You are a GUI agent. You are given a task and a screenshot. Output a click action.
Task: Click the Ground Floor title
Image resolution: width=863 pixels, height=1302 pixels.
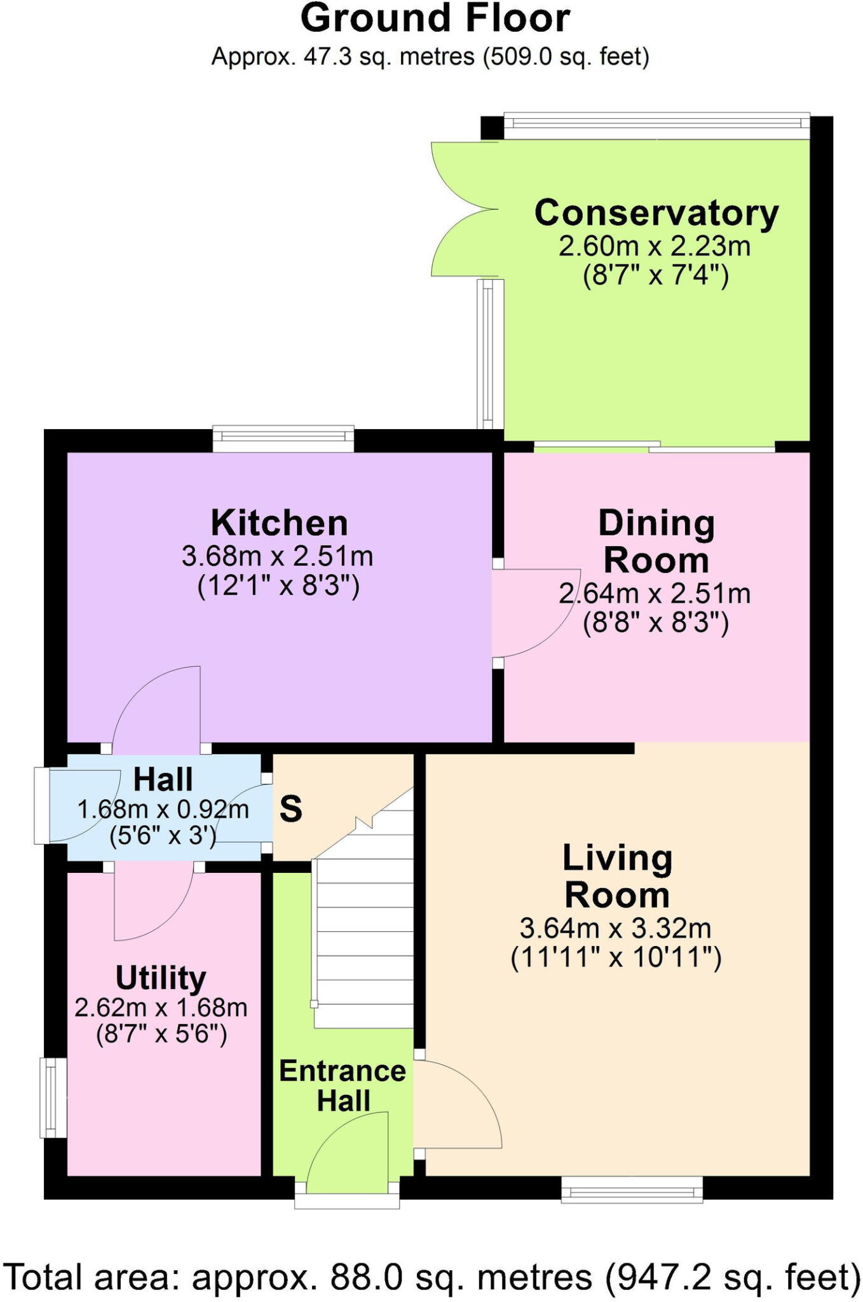(435, 19)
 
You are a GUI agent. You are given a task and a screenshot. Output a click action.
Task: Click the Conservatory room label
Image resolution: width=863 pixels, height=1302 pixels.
(656, 213)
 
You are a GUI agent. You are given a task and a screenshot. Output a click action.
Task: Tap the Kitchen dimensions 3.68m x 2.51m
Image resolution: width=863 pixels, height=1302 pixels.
(278, 556)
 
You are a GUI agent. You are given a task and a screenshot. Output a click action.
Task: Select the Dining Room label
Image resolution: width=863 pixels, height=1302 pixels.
(656, 542)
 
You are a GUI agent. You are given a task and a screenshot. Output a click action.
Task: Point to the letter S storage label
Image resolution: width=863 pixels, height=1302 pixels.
(290, 809)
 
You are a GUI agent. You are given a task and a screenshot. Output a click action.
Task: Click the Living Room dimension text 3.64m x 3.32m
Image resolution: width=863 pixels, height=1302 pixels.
(615, 929)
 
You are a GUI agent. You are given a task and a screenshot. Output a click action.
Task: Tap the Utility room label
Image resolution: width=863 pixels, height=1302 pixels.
(161, 978)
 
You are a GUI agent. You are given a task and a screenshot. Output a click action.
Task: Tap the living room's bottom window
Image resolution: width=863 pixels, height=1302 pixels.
(632, 1189)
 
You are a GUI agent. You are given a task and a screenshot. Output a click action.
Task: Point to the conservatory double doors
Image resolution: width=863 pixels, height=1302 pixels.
(461, 210)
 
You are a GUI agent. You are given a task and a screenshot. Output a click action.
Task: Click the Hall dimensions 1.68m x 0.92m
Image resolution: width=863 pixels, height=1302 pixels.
(163, 809)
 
